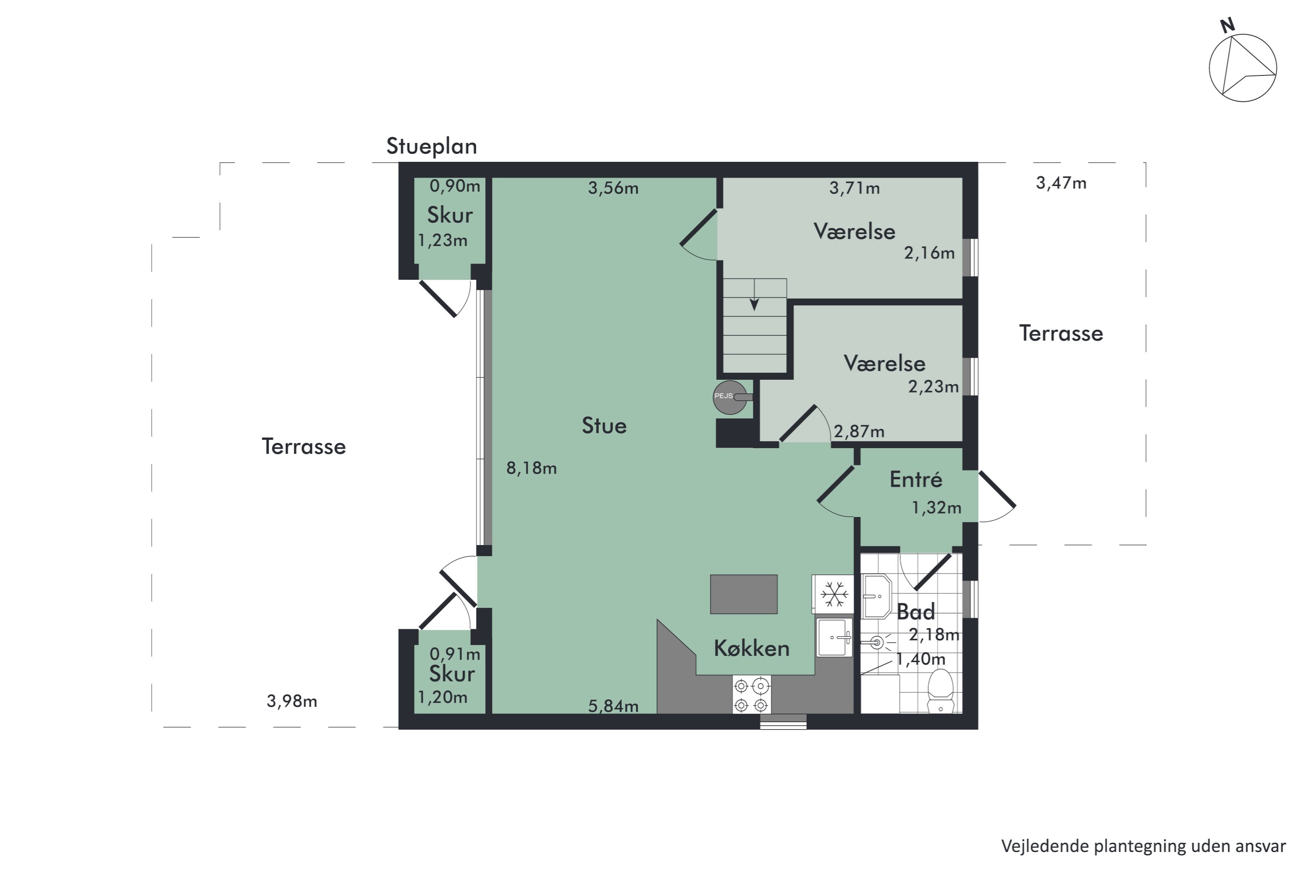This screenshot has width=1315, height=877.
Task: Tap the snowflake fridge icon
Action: pyautogui.click(x=834, y=594)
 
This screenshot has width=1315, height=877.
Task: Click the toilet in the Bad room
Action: pyautogui.click(x=940, y=692)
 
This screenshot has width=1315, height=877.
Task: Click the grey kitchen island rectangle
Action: pyautogui.click(x=743, y=594)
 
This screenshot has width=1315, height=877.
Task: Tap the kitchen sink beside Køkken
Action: pyautogui.click(x=834, y=637)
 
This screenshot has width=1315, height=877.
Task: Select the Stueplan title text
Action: pyautogui.click(x=431, y=146)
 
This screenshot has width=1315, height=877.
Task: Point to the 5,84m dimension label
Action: pyautogui.click(x=613, y=706)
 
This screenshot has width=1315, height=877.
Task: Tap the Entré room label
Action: pyautogui.click(x=915, y=479)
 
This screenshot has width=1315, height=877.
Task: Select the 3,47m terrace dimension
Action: pyautogui.click(x=1061, y=183)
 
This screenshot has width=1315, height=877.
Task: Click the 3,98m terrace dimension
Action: pyautogui.click(x=291, y=701)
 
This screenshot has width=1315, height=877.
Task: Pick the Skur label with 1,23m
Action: pyautogui.click(x=450, y=215)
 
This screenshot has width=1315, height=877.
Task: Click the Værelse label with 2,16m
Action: pyautogui.click(x=854, y=231)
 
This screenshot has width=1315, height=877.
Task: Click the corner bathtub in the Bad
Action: pyautogui.click(x=877, y=596)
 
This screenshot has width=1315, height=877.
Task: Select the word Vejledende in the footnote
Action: pyautogui.click(x=1045, y=846)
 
